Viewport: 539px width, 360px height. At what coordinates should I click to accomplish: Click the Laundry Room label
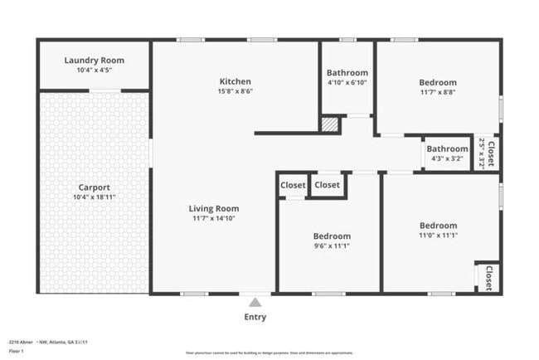[94, 61]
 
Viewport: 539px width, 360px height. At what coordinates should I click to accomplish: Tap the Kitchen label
[235, 81]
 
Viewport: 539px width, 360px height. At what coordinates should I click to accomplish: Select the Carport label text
[94, 187]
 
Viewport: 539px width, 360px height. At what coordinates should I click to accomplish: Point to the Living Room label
[215, 208]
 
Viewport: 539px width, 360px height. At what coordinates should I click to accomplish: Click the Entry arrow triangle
[255, 302]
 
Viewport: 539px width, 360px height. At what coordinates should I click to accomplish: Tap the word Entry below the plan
[255, 317]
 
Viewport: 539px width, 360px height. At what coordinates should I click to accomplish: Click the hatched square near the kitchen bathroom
[330, 124]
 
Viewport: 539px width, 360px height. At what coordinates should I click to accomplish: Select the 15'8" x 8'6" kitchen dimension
[235, 91]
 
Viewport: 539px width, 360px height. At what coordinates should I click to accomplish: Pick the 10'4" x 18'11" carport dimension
[94, 197]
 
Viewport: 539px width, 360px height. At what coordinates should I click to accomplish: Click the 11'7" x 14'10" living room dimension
[215, 218]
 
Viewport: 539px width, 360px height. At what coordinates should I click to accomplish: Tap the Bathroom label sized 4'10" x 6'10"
[347, 72]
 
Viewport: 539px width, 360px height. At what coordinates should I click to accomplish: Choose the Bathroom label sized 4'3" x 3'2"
[448, 149]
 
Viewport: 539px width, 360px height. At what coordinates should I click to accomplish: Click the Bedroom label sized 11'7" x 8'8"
[437, 82]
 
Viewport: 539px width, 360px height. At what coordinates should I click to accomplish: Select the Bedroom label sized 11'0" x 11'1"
[438, 226]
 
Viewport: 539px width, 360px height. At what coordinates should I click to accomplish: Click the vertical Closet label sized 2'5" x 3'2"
[491, 153]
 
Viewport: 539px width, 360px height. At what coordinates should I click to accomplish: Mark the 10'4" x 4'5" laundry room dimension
[94, 71]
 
